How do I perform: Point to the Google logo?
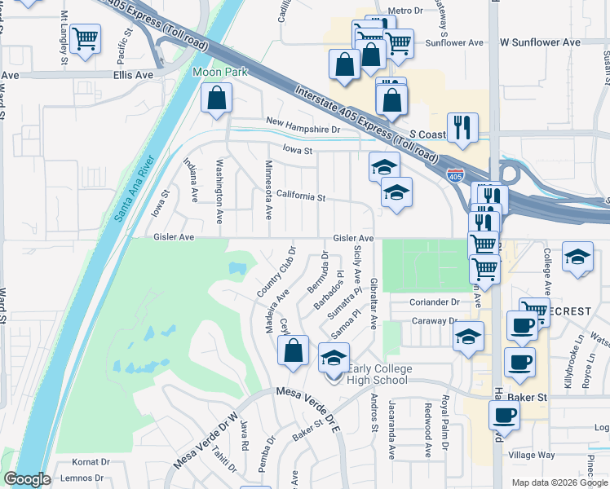tap(27, 479)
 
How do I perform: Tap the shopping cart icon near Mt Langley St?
tap(85, 37)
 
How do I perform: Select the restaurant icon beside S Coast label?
tap(462, 127)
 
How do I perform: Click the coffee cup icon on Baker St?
tap(505, 413)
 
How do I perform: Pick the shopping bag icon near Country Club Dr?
tap(293, 350)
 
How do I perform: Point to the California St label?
tap(300, 196)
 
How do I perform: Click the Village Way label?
tap(531, 455)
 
